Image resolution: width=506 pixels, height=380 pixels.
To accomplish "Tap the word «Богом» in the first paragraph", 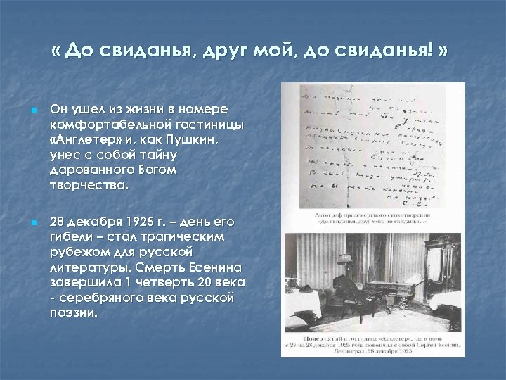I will click(x=158, y=170).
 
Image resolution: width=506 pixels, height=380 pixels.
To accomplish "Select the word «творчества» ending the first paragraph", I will click(x=88, y=186).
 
